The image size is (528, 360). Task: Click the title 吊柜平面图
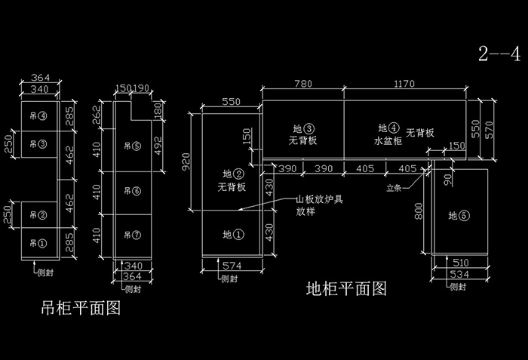click(x=81, y=309)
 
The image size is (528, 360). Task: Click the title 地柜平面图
click(x=346, y=288)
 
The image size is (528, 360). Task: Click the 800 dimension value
click(x=417, y=213)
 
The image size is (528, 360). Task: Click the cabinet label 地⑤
click(x=459, y=216)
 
